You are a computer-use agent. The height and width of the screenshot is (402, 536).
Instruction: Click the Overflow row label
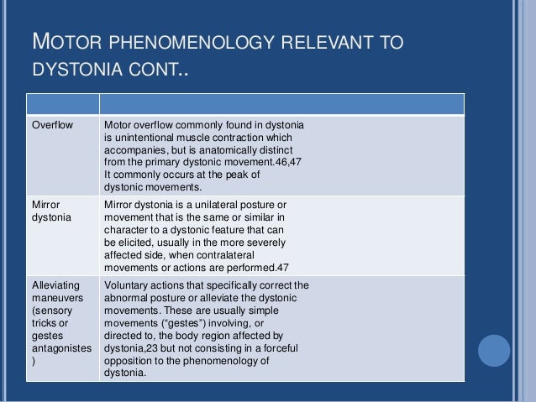click(52, 126)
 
